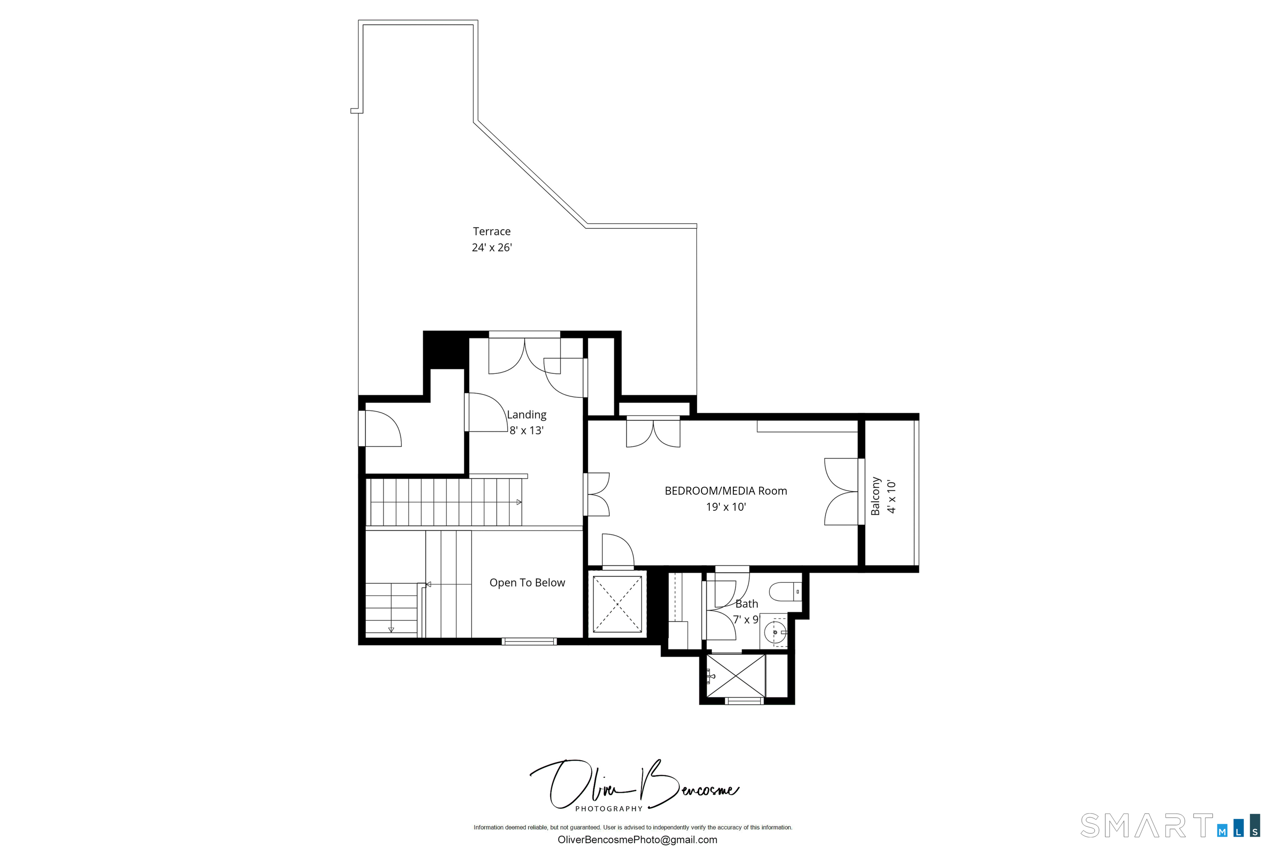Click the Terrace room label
pos(492,231)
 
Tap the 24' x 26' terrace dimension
pos(492,247)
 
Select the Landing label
pos(526,415)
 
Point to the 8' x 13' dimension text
pos(526,431)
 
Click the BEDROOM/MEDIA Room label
pos(726,491)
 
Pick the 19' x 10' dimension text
pos(726,507)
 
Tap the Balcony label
pos(875,496)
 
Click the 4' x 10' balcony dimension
pos(891,496)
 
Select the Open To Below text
pos(527,583)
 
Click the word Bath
pos(747,604)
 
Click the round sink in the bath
pos(776,632)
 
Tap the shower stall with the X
pos(735,676)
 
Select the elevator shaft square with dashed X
pos(617,604)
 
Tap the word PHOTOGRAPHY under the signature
pos(609,809)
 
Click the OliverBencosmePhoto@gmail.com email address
pos(637,840)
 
